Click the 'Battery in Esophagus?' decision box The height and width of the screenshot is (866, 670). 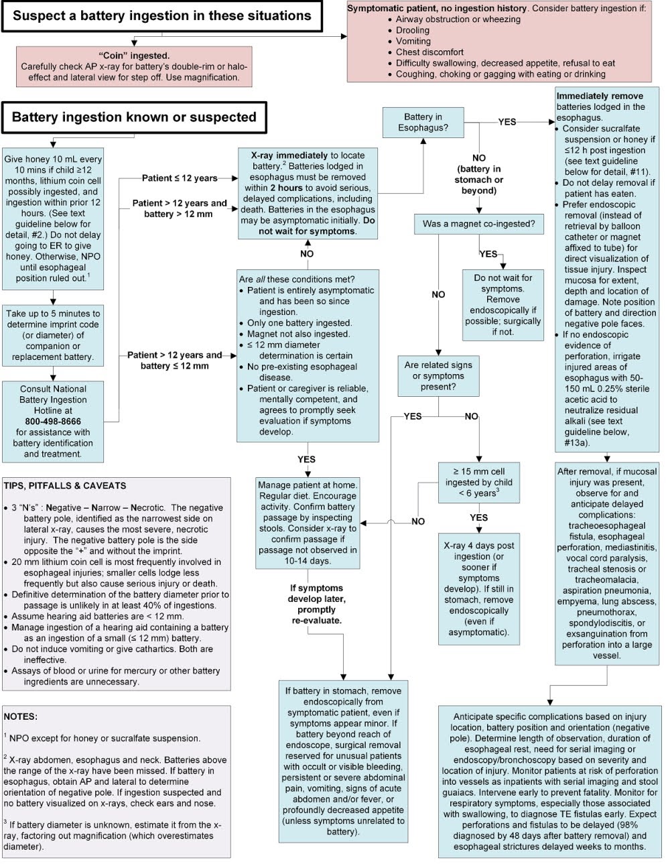[x=423, y=122]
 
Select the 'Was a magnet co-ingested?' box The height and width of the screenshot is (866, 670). [x=478, y=224]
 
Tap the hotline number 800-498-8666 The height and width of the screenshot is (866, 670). [x=53, y=422]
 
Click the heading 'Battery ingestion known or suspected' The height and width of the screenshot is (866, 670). [x=134, y=117]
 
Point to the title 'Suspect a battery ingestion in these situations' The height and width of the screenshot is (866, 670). [x=161, y=15]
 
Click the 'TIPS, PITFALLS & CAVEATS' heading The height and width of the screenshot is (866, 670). [x=65, y=486]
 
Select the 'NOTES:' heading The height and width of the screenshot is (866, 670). [x=21, y=717]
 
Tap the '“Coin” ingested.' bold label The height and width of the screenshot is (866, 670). [x=134, y=56]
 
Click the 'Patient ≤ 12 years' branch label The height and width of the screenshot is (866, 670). [x=180, y=178]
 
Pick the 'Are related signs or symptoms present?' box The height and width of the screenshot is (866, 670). [x=438, y=376]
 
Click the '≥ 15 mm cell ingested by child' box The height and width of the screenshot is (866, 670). [x=479, y=482]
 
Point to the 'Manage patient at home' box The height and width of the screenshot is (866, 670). [x=308, y=522]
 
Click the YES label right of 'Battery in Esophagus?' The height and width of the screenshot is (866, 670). [x=507, y=122]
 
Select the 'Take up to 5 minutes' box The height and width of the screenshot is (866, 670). [x=53, y=335]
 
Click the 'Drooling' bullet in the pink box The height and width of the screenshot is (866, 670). [x=413, y=30]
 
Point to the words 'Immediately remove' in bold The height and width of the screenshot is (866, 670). [x=600, y=96]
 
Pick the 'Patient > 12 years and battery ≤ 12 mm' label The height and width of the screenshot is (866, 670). [x=174, y=360]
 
